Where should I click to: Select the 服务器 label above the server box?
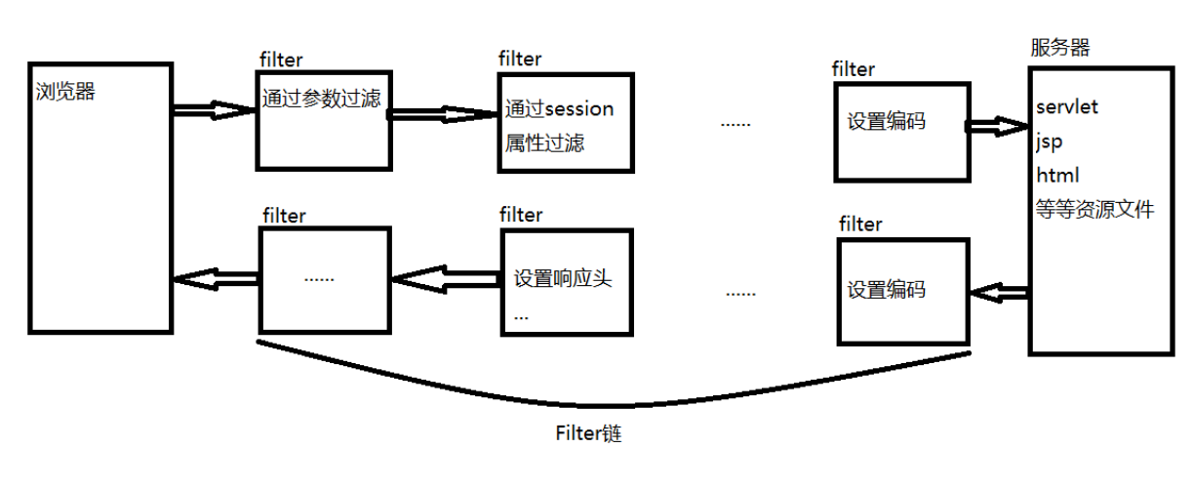1059,47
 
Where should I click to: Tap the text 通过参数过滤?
320,99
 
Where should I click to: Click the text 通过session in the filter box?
560,108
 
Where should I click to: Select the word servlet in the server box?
1067,106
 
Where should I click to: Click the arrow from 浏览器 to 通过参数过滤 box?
215,110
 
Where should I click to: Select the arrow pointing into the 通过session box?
444,114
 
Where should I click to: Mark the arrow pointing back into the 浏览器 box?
215,279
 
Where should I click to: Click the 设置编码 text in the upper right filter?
886,122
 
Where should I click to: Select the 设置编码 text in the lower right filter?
886,290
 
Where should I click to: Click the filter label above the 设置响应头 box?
520,214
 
